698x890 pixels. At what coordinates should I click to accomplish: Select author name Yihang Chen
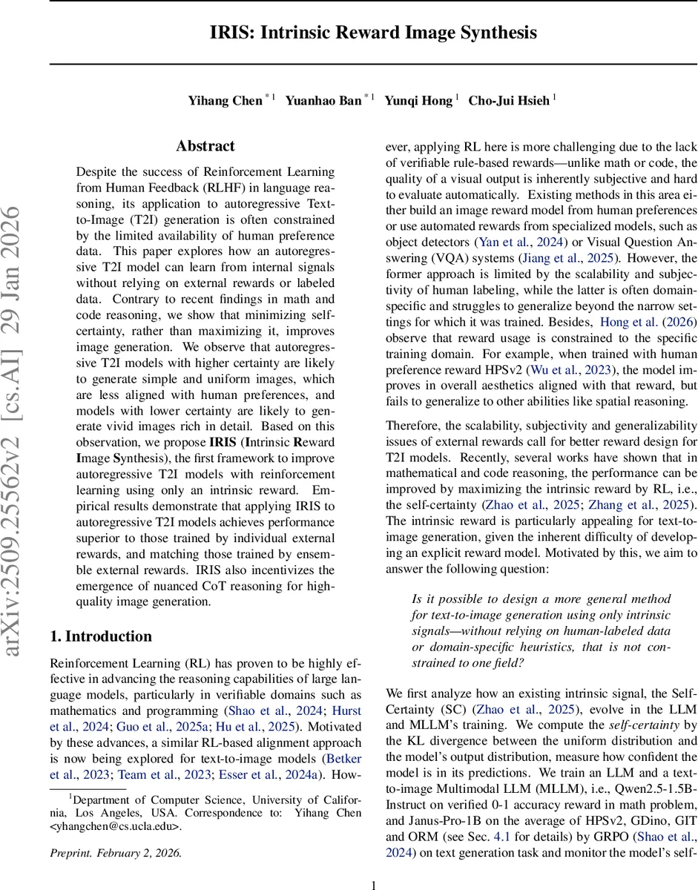coord(225,100)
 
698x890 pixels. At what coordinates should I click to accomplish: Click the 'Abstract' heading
coord(205,146)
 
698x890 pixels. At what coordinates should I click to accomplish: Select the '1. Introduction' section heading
coord(100,636)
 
